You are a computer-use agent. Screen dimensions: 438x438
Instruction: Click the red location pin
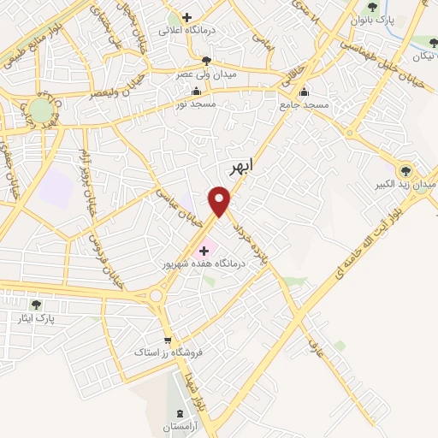tap(221, 202)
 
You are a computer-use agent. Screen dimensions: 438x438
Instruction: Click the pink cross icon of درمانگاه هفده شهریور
tap(204, 251)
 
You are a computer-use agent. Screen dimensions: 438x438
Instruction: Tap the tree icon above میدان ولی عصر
tap(206, 59)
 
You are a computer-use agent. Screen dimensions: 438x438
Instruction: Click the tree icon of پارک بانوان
tap(370, 7)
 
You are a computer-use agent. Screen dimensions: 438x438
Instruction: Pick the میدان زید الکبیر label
tap(408, 183)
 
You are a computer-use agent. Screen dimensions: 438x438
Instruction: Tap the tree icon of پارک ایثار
tap(36, 304)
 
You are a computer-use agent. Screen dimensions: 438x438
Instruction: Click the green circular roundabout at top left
tap(40, 109)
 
